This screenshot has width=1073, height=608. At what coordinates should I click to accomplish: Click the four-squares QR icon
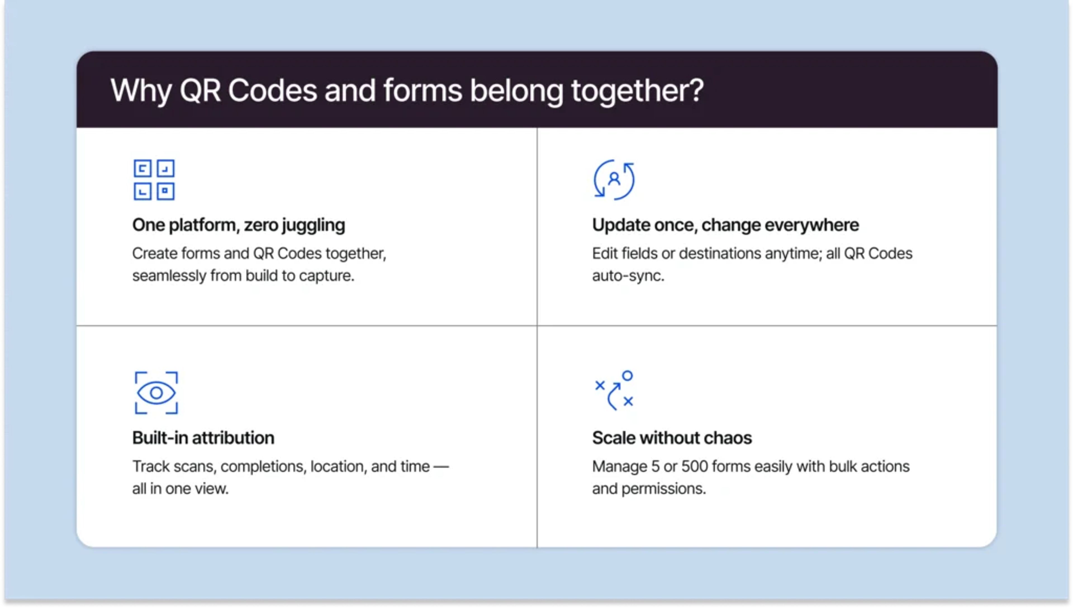tap(154, 180)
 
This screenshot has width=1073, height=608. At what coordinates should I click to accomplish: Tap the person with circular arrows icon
tap(614, 180)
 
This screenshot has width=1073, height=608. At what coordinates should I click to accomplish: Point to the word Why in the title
tap(141, 91)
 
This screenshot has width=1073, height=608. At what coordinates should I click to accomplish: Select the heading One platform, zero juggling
tap(238, 225)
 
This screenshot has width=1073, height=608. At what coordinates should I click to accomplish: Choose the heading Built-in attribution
tap(203, 438)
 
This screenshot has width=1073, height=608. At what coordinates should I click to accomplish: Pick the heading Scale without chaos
tap(671, 438)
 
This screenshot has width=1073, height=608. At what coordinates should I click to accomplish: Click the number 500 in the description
tap(694, 467)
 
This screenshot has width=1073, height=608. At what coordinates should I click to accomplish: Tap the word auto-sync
tap(628, 276)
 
